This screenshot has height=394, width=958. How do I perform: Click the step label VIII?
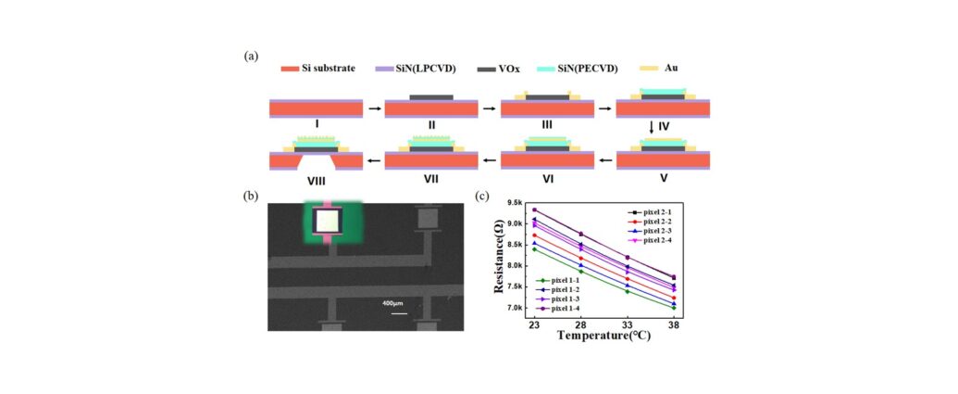coord(316,181)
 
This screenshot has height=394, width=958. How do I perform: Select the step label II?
coord(432,125)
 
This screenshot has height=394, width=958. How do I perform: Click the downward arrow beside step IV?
coord(652,127)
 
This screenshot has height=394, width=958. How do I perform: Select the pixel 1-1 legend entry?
coord(560,280)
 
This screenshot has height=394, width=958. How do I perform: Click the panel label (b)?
coord(250,197)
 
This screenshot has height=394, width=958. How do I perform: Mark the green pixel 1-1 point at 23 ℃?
coord(535,249)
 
